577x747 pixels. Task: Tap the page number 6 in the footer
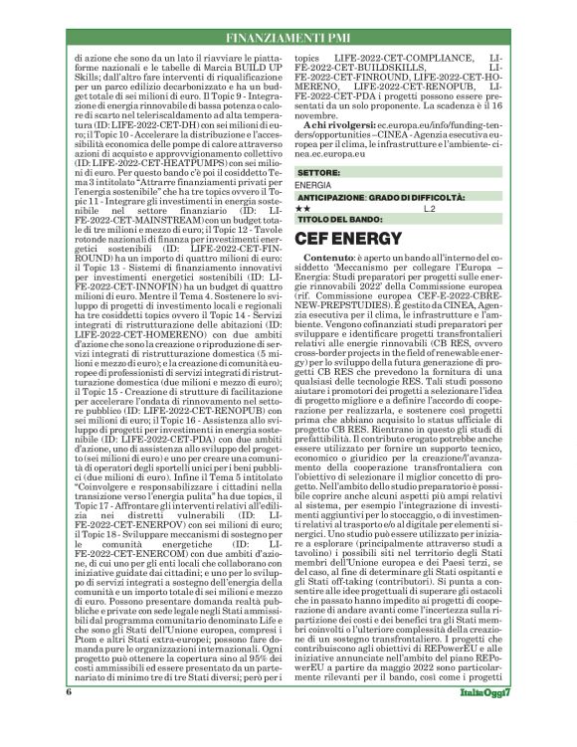70,720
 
